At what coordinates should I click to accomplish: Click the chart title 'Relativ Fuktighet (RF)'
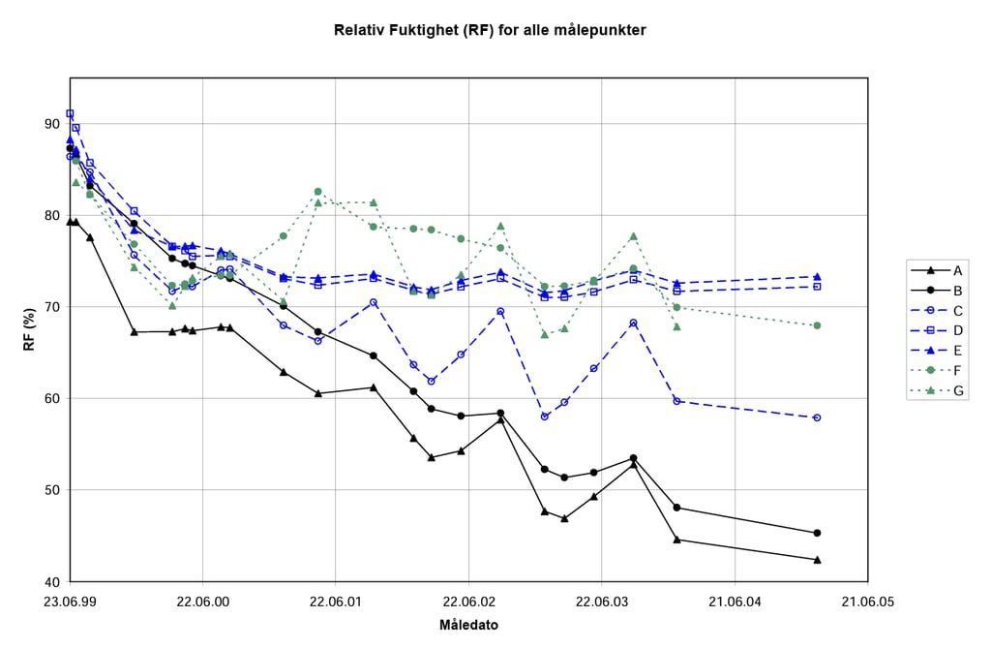click(490, 30)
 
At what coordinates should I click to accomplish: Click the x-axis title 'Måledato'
click(468, 625)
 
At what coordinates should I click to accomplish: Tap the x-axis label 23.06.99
click(70, 602)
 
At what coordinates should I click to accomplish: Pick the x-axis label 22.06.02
click(468, 602)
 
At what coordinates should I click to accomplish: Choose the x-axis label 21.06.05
click(867, 602)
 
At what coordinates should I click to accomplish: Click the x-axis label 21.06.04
click(735, 602)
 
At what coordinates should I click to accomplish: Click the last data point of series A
click(818, 560)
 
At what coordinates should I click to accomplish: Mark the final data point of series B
click(818, 533)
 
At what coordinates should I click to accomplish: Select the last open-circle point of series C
click(818, 417)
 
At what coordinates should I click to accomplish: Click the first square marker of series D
click(70, 113)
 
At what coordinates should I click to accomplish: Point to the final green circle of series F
click(818, 325)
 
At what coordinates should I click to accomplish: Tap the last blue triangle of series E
click(818, 277)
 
